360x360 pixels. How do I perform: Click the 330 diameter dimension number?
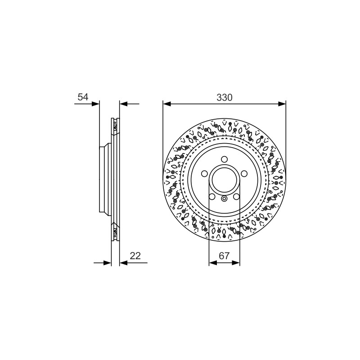[224, 98]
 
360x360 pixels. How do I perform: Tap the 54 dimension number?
[83, 97]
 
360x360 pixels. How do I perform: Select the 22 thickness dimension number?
[135, 256]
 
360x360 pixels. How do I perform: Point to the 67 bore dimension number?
[224, 256]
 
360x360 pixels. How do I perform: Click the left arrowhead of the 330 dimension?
[167, 104]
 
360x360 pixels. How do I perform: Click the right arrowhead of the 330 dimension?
[282, 104]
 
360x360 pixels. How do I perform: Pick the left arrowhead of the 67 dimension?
[213, 263]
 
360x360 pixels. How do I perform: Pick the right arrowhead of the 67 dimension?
[236, 263]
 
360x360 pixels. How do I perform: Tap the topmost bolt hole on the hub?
[224, 159]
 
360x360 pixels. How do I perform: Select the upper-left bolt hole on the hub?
[204, 174]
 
